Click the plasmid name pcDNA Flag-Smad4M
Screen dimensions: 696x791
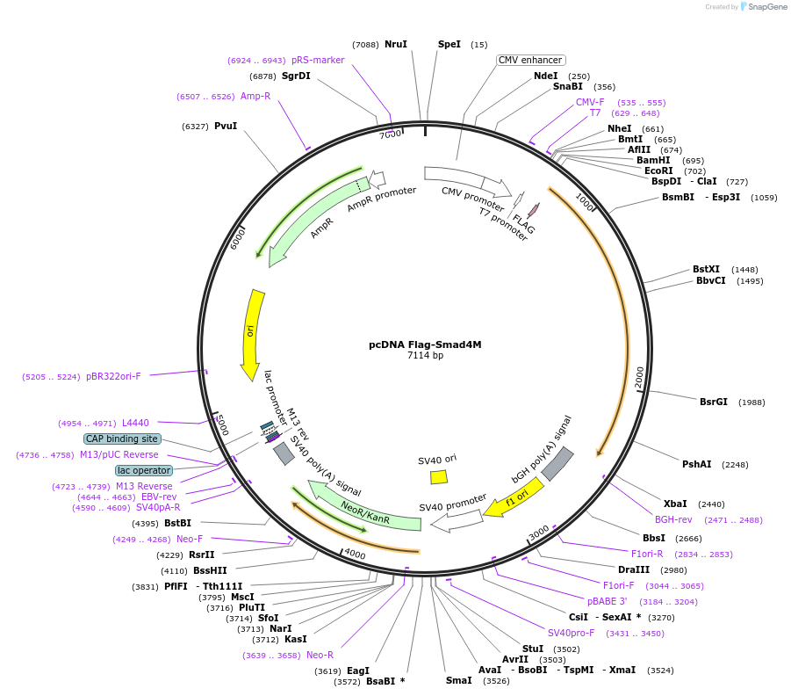(x=425, y=344)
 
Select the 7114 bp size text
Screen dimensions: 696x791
(x=425, y=356)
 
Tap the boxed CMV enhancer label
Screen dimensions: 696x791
(x=530, y=60)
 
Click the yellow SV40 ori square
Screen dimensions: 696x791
(x=439, y=476)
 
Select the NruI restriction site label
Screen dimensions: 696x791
(x=396, y=44)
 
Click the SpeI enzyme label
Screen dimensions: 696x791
(x=449, y=44)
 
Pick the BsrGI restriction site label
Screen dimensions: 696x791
(x=714, y=402)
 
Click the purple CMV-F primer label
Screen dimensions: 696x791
(x=590, y=102)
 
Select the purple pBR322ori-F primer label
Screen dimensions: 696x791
(x=113, y=376)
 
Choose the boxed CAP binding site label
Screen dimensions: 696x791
(x=122, y=439)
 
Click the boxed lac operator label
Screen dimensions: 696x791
(x=144, y=470)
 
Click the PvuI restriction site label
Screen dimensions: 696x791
(x=226, y=126)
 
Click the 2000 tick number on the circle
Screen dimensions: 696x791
(x=639, y=376)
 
